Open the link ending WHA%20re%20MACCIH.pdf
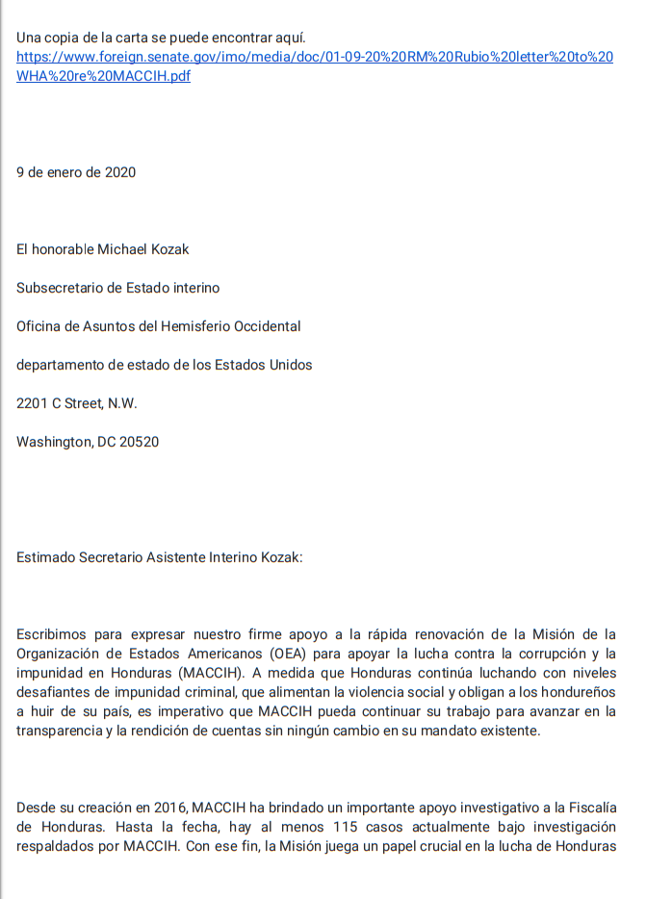pos(104,76)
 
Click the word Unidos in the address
pos(290,365)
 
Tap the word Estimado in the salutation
pos(45,557)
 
